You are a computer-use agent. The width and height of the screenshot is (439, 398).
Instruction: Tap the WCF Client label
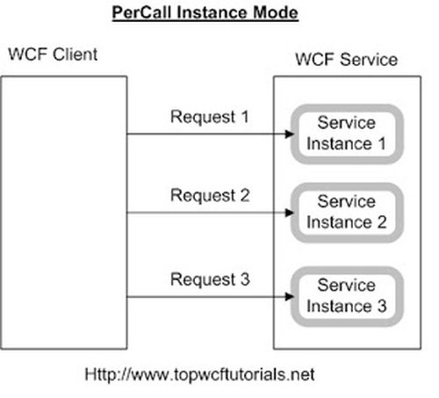coord(51,54)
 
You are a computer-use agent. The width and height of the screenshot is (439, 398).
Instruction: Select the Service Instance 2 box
coord(345,212)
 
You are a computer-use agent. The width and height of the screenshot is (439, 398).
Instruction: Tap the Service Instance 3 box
coord(345,296)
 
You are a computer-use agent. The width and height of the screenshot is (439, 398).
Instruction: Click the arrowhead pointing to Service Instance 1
coord(287,134)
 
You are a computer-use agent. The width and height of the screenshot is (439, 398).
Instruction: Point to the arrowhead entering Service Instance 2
coord(287,212)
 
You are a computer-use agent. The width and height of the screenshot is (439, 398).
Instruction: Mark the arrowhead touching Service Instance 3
coord(287,296)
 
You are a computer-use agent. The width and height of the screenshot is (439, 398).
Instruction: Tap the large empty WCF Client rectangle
coord(64,211)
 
